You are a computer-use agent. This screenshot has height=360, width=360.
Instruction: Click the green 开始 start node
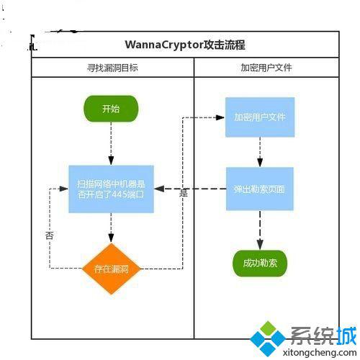[x=111, y=109]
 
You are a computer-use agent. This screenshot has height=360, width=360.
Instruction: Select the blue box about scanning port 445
[x=111, y=189]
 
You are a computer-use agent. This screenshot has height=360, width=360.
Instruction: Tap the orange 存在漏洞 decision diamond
[x=111, y=269]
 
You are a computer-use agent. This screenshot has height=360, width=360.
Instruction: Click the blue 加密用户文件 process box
[x=260, y=117]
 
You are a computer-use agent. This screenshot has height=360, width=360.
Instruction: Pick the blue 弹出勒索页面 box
[x=260, y=189]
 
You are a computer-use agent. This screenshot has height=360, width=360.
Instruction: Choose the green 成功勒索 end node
[x=260, y=264]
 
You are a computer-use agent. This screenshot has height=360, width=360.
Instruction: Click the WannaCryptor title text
[x=185, y=45]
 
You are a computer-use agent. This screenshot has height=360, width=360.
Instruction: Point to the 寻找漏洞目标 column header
[x=112, y=68]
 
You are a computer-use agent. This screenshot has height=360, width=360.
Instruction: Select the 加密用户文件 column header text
[x=266, y=68]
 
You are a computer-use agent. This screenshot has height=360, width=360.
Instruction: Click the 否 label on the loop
[x=50, y=235]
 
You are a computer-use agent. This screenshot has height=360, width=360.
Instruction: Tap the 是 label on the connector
[x=184, y=193]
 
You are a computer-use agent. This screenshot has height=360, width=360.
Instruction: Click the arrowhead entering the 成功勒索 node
[x=260, y=245]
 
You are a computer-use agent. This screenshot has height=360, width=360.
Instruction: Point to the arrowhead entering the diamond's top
[x=111, y=238]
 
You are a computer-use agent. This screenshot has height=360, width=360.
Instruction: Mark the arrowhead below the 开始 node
[x=111, y=161]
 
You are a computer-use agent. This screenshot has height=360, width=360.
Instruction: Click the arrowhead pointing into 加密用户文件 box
[x=220, y=117]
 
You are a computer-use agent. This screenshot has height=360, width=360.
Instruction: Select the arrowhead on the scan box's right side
[x=159, y=189]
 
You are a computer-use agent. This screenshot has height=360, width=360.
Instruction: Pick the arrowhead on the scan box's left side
[x=64, y=189]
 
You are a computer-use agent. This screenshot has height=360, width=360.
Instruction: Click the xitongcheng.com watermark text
[x=320, y=352]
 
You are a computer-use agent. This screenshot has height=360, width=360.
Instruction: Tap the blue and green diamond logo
[x=268, y=338]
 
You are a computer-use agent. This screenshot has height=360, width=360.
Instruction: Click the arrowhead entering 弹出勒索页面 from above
[x=260, y=162]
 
